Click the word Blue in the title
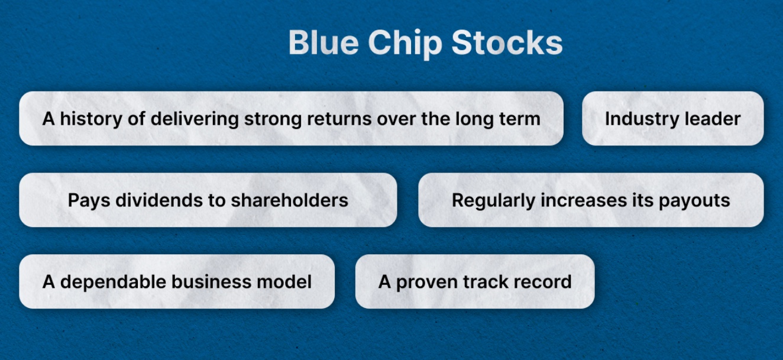pyautogui.click(x=323, y=43)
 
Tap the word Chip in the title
pyautogui.click(x=405, y=44)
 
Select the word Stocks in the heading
pyautogui.click(x=507, y=43)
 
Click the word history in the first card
pyautogui.click(x=91, y=119)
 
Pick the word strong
pyautogui.click(x=273, y=120)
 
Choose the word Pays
pyautogui.click(x=89, y=201)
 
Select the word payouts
pyautogui.click(x=694, y=202)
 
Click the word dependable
pyautogui.click(x=114, y=283)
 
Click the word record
pyautogui.click(x=542, y=282)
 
